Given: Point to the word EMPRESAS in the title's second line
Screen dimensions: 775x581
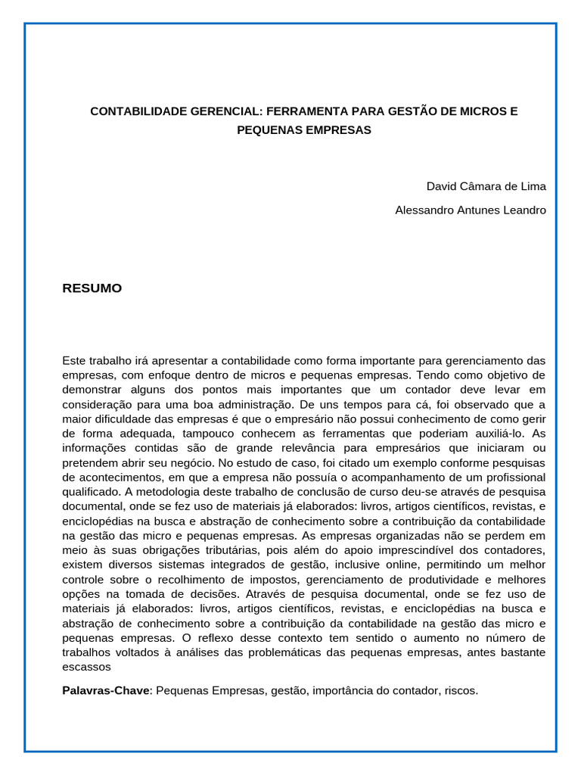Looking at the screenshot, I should tap(337, 130).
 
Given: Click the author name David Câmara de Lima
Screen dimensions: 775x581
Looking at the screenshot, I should tap(486, 186).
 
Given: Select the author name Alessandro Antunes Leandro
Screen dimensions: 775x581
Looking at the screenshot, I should tap(470, 210).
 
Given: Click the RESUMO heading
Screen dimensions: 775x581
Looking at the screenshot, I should tap(92, 288).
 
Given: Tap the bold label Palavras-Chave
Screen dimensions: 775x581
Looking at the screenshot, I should tap(107, 691).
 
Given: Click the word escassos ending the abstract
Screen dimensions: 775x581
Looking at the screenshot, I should tap(86, 667).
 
